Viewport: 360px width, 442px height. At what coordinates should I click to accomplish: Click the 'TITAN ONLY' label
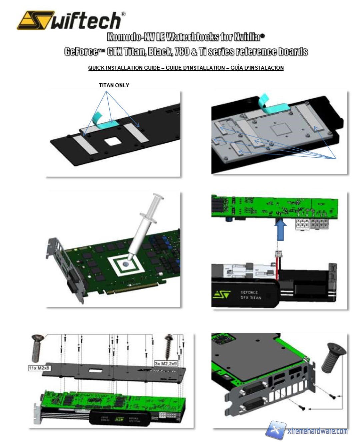pyautogui.click(x=114, y=85)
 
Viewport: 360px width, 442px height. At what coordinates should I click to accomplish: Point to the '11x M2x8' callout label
pyautogui.click(x=39, y=368)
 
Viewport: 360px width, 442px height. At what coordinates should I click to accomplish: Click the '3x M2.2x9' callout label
pyautogui.click(x=166, y=363)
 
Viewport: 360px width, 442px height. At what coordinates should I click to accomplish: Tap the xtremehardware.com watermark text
pyautogui.click(x=317, y=431)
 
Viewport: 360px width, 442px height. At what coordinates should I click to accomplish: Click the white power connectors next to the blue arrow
pyautogui.click(x=311, y=224)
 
